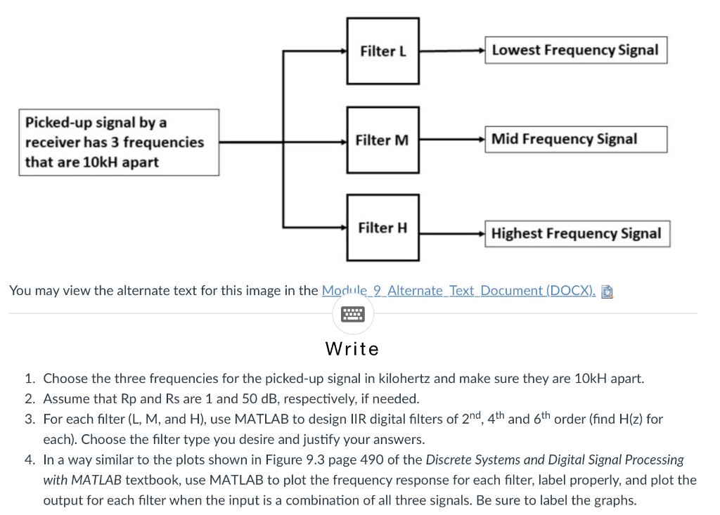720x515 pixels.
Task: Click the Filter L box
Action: (383, 51)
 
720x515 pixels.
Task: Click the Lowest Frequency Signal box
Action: (575, 51)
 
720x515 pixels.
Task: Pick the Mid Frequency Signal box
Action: (575, 139)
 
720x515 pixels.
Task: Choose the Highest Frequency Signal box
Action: (577, 233)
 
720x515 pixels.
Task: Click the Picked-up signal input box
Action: (118, 142)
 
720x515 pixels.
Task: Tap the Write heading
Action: (352, 349)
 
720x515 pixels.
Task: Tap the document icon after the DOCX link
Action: (608, 291)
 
